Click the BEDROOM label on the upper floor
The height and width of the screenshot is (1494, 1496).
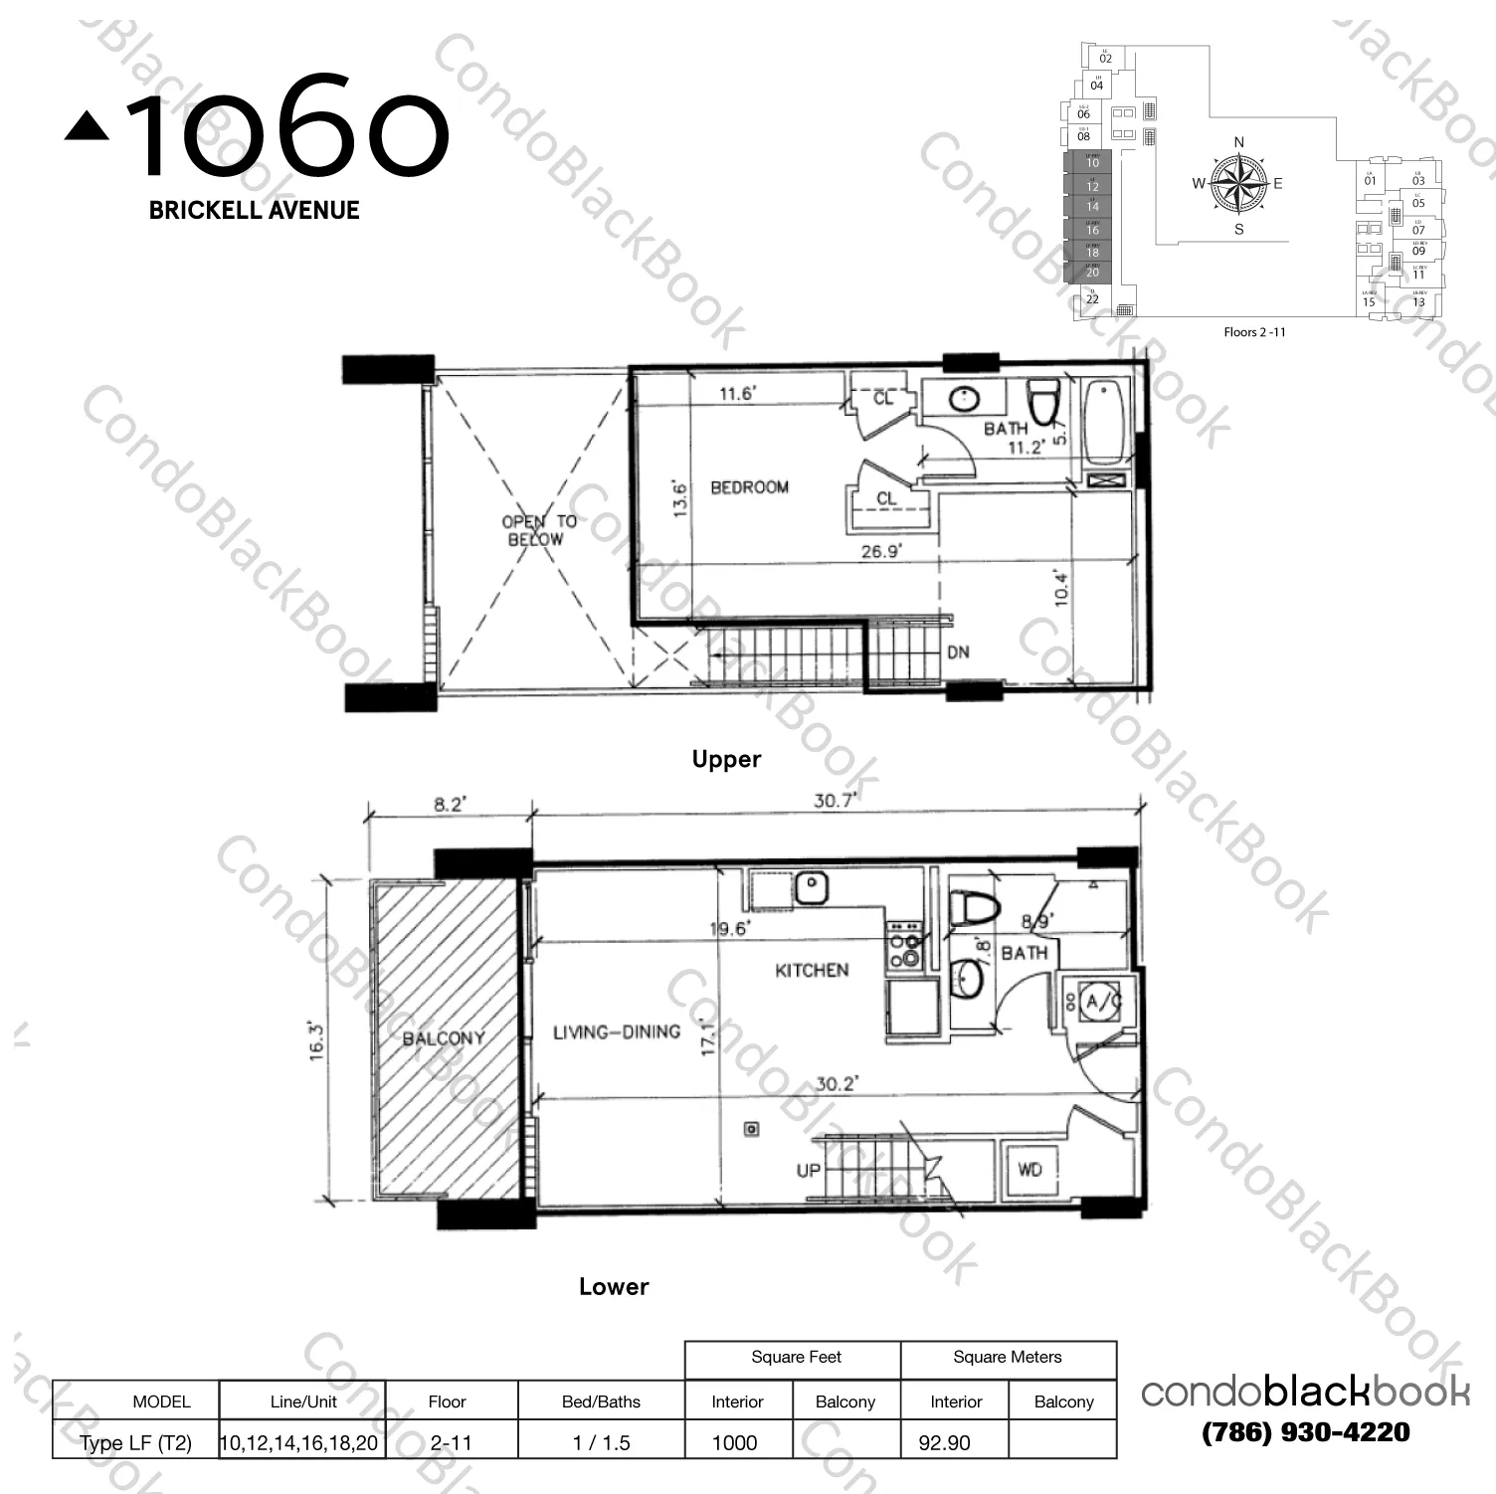click(749, 487)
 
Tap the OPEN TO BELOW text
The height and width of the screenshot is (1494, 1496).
click(537, 530)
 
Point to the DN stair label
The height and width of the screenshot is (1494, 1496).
click(958, 653)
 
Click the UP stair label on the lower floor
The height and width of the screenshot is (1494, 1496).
click(808, 1170)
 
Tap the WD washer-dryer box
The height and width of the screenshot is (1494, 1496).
click(1029, 1170)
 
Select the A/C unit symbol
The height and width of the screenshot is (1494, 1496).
click(1096, 1002)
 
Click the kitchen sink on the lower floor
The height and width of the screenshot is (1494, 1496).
click(812, 887)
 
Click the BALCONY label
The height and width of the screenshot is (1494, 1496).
click(444, 1038)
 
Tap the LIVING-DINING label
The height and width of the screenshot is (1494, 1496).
click(617, 1032)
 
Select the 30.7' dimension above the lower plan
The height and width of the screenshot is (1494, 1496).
click(834, 800)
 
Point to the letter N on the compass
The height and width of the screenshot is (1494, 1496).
click(1238, 142)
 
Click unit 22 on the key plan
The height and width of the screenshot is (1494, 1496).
click(1092, 298)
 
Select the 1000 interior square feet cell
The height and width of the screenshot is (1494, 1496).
click(735, 1442)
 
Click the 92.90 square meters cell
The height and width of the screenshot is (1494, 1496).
click(945, 1442)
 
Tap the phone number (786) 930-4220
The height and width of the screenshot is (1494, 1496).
click(1305, 1432)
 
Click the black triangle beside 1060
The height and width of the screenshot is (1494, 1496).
click(88, 126)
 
